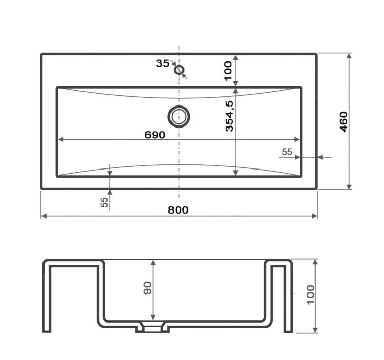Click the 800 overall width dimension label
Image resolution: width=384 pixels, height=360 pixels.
pos(178,210)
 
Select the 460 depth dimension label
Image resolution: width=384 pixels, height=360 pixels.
pos(344,122)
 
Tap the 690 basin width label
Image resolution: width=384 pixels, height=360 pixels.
pos(155,135)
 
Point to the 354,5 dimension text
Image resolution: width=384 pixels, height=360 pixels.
pos(230,116)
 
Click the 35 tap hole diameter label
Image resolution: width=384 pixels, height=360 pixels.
pos(163,63)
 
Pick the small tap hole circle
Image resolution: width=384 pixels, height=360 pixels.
pos(179,70)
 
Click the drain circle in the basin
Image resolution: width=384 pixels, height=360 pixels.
pos(179,117)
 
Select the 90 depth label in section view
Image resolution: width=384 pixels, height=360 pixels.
pos(147,288)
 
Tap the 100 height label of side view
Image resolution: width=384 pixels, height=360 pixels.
pos(311,294)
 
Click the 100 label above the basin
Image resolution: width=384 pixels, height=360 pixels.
pos(228,71)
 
